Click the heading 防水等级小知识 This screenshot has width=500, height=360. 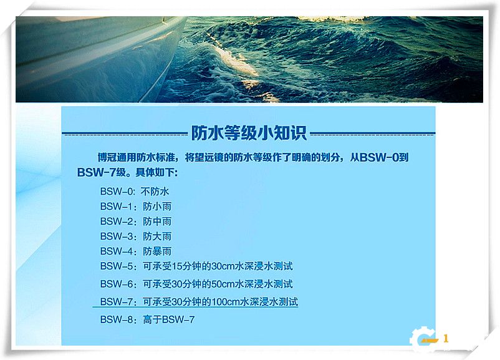[x=248, y=133]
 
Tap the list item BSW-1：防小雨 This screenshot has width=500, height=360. [x=135, y=207]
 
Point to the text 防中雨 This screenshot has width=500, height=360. [x=157, y=221]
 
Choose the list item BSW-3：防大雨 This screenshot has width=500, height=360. [x=135, y=236]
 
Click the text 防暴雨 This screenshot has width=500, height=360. [x=157, y=251]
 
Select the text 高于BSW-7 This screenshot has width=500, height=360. [x=170, y=320]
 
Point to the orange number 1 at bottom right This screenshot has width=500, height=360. [x=446, y=339]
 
